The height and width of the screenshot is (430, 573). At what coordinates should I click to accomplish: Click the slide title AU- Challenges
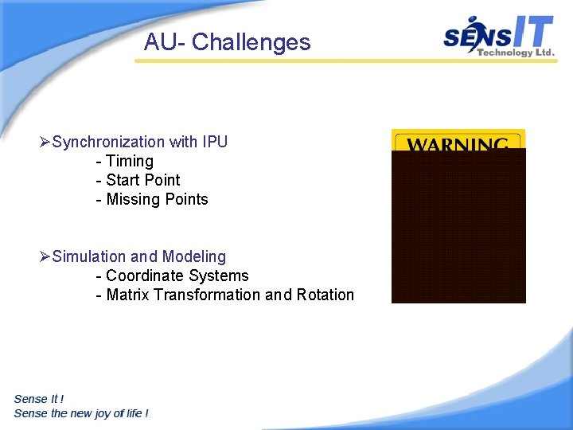click(x=227, y=42)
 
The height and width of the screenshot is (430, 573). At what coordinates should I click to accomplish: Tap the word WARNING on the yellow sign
click(x=458, y=143)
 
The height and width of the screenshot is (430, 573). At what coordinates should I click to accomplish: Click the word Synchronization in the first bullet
click(x=108, y=143)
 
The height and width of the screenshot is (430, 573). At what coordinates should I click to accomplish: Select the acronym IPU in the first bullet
click(x=215, y=143)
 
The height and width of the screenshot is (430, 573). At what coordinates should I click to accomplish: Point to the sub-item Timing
click(x=129, y=162)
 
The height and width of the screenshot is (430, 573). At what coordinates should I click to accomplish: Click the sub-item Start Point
click(x=142, y=181)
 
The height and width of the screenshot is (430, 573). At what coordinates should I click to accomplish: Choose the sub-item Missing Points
click(x=157, y=200)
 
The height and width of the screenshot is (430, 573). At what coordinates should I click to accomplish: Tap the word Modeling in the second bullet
click(x=193, y=257)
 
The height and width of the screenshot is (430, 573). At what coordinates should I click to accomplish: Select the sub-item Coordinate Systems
click(x=177, y=276)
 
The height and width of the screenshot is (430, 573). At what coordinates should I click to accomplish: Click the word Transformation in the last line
click(x=207, y=295)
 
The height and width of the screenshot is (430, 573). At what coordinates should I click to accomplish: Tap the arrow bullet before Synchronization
click(x=45, y=143)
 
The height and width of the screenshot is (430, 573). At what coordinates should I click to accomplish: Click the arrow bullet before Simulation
click(x=45, y=257)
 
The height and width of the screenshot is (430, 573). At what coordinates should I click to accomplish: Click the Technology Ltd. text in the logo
click(x=515, y=53)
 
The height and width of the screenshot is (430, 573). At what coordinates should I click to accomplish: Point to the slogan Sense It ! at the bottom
click(x=39, y=399)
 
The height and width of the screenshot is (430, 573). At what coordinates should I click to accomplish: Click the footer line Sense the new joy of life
click(x=81, y=413)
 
